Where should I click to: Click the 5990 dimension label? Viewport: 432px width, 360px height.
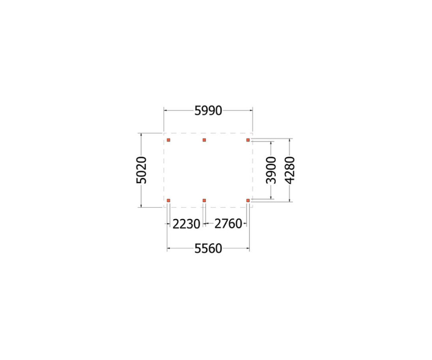pyautogui.click(x=208, y=110)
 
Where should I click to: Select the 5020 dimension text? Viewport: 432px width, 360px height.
pyautogui.click(x=142, y=170)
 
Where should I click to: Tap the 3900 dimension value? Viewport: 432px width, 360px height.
pyautogui.click(x=271, y=170)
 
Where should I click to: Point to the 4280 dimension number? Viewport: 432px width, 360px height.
pyautogui.click(x=290, y=170)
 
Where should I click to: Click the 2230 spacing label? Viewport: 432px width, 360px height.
pyautogui.click(x=186, y=224)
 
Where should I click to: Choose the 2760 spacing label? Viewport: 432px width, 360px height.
pyautogui.click(x=228, y=223)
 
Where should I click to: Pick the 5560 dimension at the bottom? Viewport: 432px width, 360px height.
pyautogui.click(x=208, y=249)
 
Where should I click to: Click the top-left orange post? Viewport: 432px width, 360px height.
pyautogui.click(x=169, y=140)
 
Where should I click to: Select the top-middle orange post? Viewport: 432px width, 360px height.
pyautogui.click(x=204, y=140)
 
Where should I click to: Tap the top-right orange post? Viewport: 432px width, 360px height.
pyautogui.click(x=248, y=140)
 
